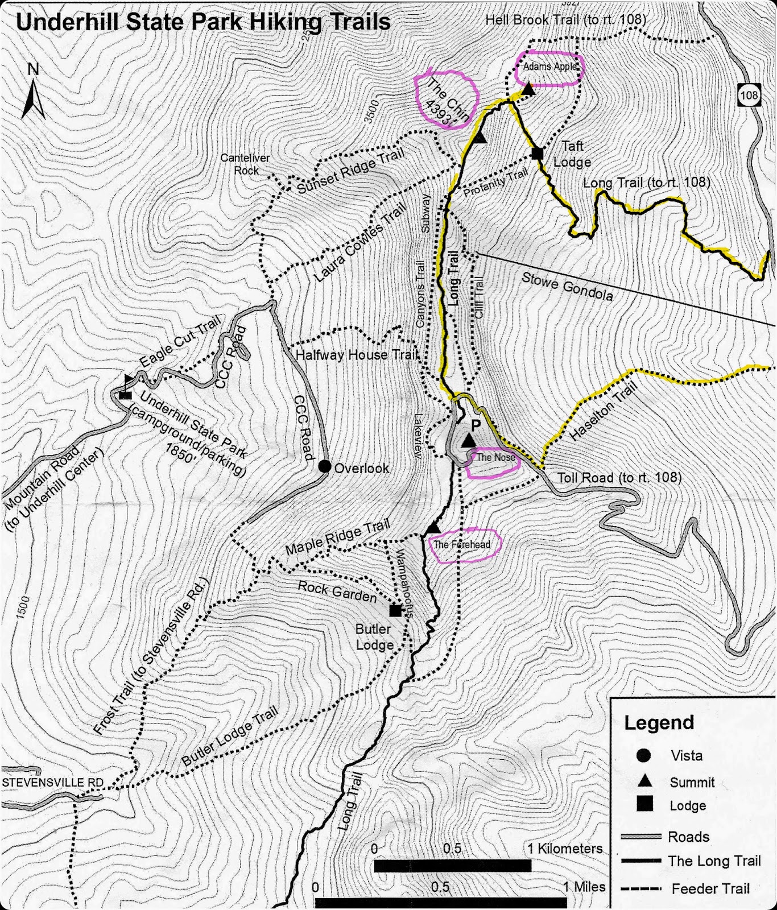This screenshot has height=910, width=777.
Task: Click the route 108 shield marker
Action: pos(749,94)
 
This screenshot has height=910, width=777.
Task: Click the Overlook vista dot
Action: pos(324,466)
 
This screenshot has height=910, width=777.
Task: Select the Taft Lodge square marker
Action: pos(537,153)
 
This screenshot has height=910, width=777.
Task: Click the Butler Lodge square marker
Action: pos(395,610)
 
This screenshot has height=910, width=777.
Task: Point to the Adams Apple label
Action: pos(549,67)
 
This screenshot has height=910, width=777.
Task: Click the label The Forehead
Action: pos(461,544)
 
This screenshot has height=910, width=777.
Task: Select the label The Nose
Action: pos(495,457)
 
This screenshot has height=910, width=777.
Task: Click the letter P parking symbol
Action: pos(476,425)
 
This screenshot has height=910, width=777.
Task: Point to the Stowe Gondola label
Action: pos(567,287)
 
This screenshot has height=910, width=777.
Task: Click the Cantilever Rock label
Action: pos(245,164)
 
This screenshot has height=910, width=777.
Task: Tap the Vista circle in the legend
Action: pos(643,755)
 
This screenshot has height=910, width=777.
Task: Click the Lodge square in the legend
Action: pos(644,804)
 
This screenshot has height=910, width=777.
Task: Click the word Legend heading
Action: pos(659,722)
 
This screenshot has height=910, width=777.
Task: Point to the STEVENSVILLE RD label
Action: pos(52,783)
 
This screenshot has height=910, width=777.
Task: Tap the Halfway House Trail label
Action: pos(357,355)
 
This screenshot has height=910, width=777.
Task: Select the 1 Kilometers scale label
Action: pos(564,849)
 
